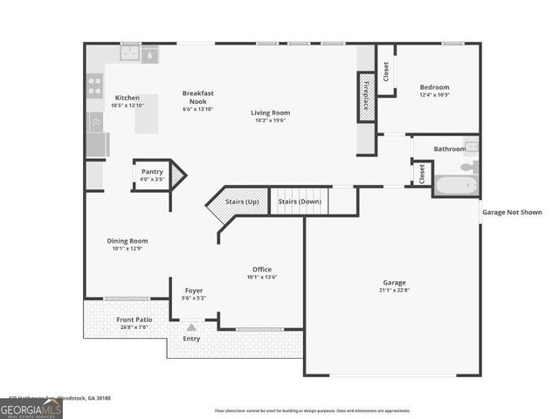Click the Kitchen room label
[128, 98]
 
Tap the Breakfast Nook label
[198, 97]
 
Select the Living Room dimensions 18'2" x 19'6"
[270, 120]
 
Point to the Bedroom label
[434, 87]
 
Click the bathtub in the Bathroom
[455, 184]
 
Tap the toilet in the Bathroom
[470, 165]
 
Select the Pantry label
[152, 172]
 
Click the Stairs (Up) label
[242, 202]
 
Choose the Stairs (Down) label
[300, 202]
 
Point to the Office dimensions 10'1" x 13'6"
[262, 278]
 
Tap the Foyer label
[194, 291]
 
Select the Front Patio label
[135, 319]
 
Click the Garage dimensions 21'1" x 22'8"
[394, 291]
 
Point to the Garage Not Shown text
[512, 212]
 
